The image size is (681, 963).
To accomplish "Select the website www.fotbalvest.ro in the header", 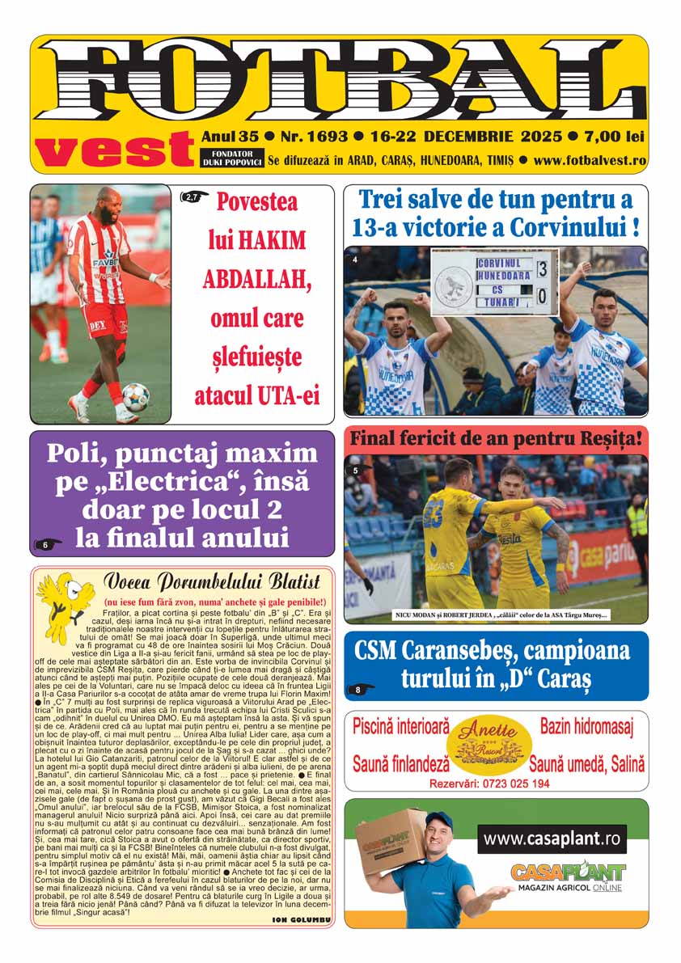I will [x=590, y=160].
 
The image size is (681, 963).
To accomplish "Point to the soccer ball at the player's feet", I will [x=136, y=397].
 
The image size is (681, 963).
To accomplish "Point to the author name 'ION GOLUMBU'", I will [x=302, y=920].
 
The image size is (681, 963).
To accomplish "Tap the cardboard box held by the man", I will [x=390, y=842].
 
